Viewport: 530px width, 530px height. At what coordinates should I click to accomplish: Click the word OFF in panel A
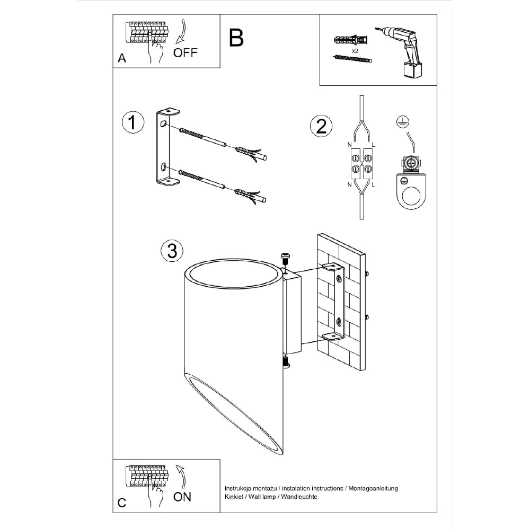tap(185, 53)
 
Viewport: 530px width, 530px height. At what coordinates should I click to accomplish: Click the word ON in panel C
tap(182, 497)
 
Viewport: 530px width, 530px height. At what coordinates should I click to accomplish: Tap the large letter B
tap(236, 38)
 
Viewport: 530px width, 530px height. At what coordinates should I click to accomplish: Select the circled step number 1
tap(133, 122)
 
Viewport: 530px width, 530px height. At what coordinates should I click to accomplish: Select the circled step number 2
tap(321, 126)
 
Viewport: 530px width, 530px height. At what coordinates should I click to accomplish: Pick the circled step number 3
tap(171, 251)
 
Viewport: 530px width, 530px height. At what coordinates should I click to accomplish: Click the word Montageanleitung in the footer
tap(373, 488)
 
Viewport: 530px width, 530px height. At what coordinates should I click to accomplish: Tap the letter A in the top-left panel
tap(122, 59)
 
